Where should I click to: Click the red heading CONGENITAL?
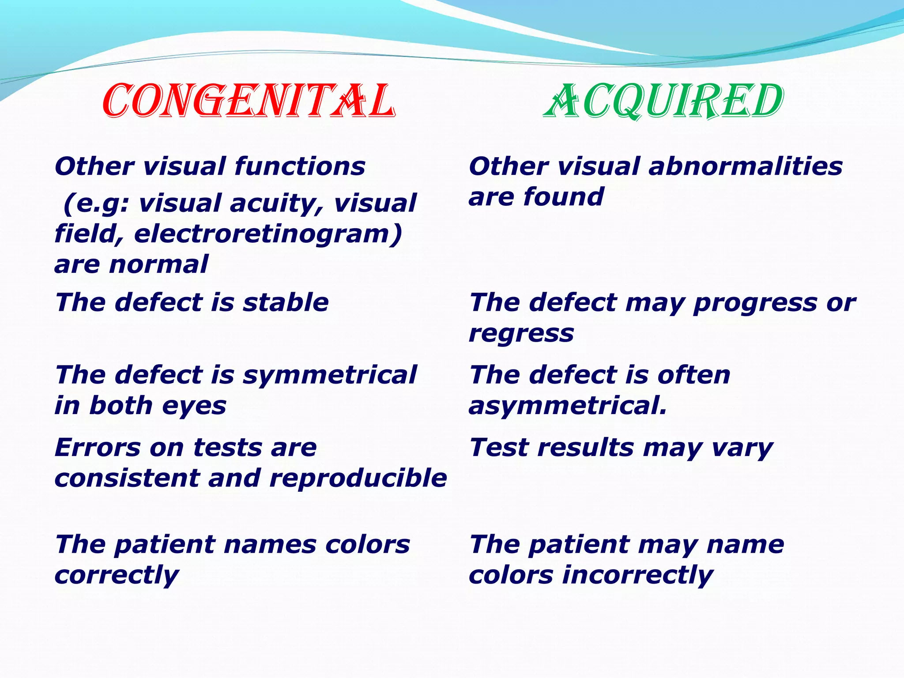coord(248,102)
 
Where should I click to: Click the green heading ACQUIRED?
coord(663,102)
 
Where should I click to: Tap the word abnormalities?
coord(746,167)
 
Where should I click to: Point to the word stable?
coord(286,303)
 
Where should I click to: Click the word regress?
coord(521,334)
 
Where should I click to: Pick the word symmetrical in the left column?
coord(329,375)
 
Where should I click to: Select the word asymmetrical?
coord(567,406)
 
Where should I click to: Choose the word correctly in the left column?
coord(117,576)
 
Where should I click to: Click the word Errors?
coord(98,448)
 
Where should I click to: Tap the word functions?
coord(300,167)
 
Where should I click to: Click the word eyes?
coord(194,406)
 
